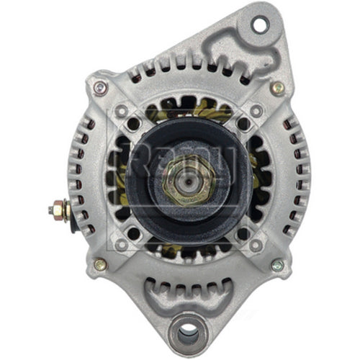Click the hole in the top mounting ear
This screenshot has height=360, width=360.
click(258, 24)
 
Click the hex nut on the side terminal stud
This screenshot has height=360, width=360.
click(63, 211)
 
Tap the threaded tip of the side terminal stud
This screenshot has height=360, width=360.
click(51, 211)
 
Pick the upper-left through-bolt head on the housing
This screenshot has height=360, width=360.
click(99, 88)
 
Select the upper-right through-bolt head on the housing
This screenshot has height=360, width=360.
click(276, 88)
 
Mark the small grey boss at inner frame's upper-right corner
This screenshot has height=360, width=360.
click(253, 112)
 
